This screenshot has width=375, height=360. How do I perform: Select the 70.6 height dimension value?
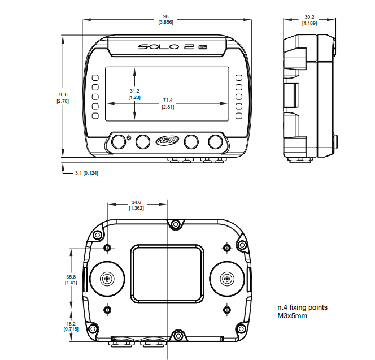pos(62,94)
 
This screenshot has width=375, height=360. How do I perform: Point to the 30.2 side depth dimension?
pos(308,16)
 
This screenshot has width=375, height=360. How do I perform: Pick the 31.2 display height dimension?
pos(134,90)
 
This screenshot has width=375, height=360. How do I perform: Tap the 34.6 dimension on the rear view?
pos(136,202)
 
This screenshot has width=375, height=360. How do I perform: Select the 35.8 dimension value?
pos(71,277)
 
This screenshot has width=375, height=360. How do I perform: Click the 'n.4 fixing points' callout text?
pos(302,307)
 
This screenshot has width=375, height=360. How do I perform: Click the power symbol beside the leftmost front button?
pos(129,137)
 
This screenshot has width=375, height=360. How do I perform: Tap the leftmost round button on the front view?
pos(118,141)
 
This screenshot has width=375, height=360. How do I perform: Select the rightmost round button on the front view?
pos(216,141)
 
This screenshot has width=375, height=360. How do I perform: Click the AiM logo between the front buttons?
pos(167,141)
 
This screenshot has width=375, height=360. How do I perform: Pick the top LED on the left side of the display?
pos(95,77)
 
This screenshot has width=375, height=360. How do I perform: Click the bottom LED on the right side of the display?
pos(239,116)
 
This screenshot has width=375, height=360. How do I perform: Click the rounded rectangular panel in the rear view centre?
pos(167,272)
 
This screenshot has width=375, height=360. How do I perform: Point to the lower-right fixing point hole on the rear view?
pos(226,309)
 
